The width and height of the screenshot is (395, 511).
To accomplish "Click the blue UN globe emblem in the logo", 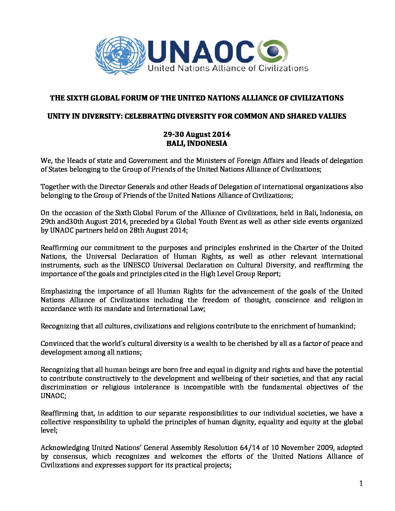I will pyautogui.click(x=120, y=56).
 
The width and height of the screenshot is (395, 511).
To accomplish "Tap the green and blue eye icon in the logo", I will pyautogui.click(x=273, y=51).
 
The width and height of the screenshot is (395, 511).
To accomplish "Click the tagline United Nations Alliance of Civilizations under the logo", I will pyautogui.click(x=228, y=68).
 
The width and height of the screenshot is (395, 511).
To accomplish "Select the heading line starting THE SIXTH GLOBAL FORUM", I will pyautogui.click(x=197, y=98).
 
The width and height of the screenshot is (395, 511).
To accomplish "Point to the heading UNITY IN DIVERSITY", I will pyautogui.click(x=197, y=116).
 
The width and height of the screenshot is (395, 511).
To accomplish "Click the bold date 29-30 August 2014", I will pyautogui.click(x=197, y=134).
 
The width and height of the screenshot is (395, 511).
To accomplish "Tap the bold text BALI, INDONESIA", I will pyautogui.click(x=197, y=143).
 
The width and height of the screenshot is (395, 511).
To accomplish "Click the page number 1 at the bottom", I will pyautogui.click(x=361, y=483).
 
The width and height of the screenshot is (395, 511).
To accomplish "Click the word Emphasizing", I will pyautogui.click(x=60, y=291).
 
